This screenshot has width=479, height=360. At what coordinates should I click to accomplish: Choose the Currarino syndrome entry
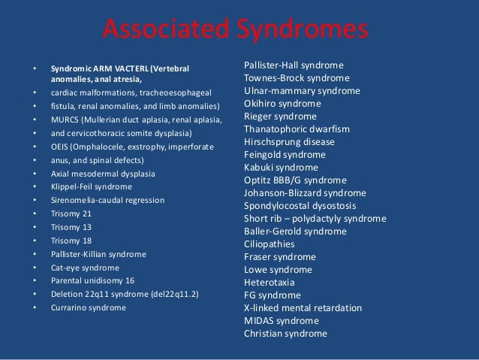coord(89,307)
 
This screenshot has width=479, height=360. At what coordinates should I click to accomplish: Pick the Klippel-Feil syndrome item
coord(91,186)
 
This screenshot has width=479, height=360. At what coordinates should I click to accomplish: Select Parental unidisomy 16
coord(94,280)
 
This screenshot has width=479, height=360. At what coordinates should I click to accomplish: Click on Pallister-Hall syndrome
coord(294,65)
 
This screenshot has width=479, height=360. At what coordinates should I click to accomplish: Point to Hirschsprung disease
coord(289,142)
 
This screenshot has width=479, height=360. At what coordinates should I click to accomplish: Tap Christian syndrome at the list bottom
coord(285,334)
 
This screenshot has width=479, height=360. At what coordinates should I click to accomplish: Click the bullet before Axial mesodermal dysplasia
coord(34,174)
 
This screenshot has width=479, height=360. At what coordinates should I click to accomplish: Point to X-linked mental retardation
coord(303,308)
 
